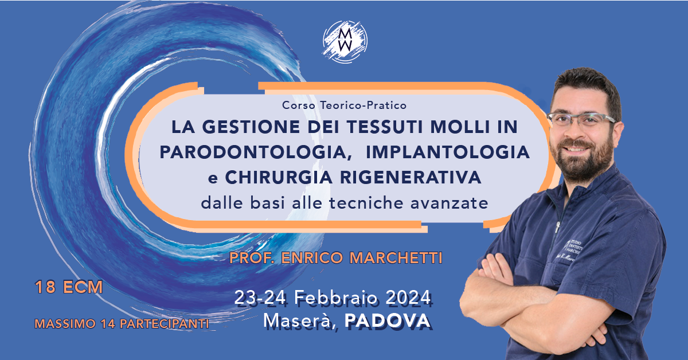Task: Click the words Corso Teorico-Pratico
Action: click(344, 105)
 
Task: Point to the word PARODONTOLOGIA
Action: click(253, 152)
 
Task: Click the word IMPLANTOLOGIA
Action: click(447, 152)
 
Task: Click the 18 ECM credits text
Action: click(69, 287)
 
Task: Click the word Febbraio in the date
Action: click(340, 298)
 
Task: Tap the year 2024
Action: click(406, 298)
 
